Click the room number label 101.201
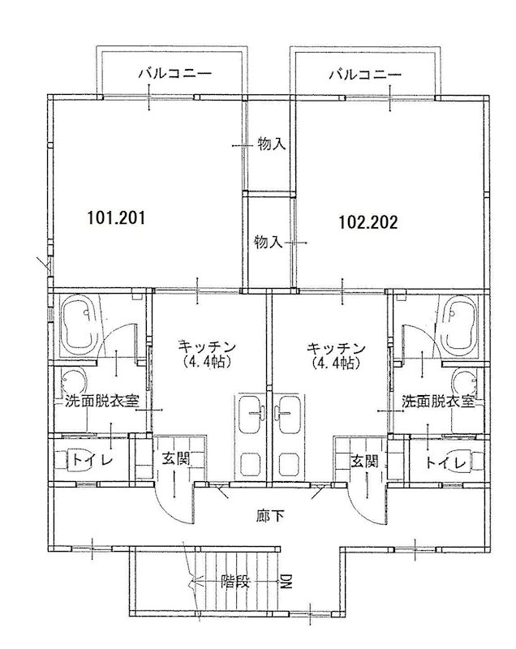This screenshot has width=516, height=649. tap(116, 217)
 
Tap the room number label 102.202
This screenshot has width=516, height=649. tap(368, 222)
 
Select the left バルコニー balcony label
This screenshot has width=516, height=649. tap(175, 74)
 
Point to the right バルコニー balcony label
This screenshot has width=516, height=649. tap(365, 75)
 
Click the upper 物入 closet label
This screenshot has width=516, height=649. tap(272, 144)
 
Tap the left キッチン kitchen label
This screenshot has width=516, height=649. tap(207, 346)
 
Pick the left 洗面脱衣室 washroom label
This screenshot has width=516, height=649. tap(101, 401)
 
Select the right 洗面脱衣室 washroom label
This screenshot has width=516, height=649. tap(438, 401)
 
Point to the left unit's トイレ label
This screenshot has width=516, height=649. tap(92, 460)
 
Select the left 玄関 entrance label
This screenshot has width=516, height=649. tap(175, 458)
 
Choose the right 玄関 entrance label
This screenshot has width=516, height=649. tap(364, 461)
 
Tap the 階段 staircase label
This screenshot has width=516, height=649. tap(235, 582)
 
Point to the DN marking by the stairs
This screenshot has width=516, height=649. tap(286, 581)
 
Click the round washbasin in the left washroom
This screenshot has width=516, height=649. tap(75, 380)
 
